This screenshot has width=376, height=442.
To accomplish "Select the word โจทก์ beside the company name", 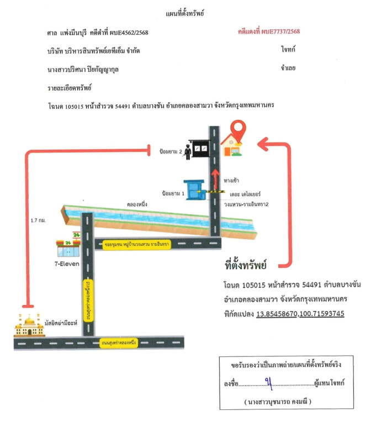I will point(288,50).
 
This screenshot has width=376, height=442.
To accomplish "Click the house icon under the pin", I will point(232,146).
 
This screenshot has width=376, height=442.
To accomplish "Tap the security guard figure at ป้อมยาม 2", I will point(188,151).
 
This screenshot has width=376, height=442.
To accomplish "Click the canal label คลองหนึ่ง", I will point(137,204).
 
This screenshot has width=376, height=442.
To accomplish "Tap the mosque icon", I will point(29,325).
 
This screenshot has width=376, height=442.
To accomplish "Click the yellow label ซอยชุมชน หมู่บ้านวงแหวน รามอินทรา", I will point(144,244).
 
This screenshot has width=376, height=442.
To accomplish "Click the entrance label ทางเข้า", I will point(231,181).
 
